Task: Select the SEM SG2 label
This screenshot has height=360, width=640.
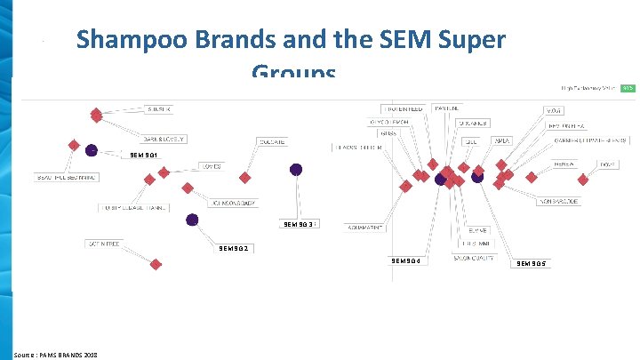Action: (x=233, y=248)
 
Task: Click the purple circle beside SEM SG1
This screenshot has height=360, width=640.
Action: (x=92, y=149)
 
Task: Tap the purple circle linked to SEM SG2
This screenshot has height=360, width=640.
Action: (x=193, y=219)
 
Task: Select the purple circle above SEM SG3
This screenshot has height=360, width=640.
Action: (x=296, y=169)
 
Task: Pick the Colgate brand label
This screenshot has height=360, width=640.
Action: (x=271, y=141)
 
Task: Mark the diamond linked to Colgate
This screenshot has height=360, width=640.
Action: (x=245, y=178)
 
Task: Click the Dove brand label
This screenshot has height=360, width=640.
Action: (x=607, y=164)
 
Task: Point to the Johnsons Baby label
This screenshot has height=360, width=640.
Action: (x=234, y=203)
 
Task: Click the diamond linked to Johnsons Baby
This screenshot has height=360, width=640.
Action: (x=188, y=187)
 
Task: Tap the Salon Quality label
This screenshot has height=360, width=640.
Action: (x=473, y=258)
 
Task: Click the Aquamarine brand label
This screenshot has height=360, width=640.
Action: (x=365, y=228)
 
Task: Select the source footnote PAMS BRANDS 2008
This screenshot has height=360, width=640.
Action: (x=56, y=354)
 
